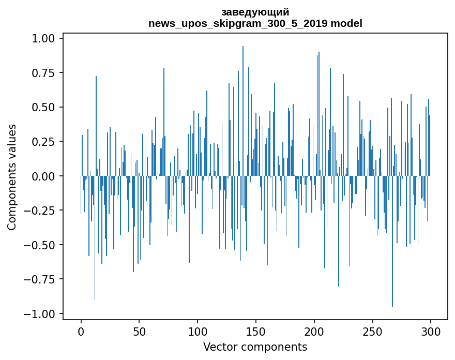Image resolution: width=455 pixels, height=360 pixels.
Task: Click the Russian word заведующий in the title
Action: point(255,12)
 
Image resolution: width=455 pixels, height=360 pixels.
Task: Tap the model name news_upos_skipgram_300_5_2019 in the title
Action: point(238,23)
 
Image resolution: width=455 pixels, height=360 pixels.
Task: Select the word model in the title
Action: point(346,23)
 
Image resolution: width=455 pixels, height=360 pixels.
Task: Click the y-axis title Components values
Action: point(11,177)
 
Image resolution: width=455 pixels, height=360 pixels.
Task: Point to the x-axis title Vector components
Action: point(255,347)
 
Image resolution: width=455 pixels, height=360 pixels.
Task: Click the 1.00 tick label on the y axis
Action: point(43,38)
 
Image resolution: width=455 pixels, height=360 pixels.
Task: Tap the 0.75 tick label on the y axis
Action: point(43,73)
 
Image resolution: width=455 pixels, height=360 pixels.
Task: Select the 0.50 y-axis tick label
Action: point(43,107)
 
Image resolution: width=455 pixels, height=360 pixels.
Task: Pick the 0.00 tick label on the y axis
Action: point(43,176)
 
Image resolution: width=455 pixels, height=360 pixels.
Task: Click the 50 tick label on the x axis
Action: point(139,332)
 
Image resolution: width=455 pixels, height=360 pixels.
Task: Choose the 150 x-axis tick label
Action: point(255,332)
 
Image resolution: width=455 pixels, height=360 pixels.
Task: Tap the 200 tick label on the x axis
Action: point(314,332)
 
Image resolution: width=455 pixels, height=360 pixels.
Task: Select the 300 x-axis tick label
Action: point(430,332)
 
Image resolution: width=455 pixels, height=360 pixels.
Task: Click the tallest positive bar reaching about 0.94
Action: point(243,111)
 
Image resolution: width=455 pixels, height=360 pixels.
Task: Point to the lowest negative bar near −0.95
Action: point(392,241)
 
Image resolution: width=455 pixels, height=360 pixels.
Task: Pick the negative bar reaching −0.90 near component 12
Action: point(95,238)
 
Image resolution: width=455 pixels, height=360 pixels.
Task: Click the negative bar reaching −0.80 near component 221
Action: point(339,231)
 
